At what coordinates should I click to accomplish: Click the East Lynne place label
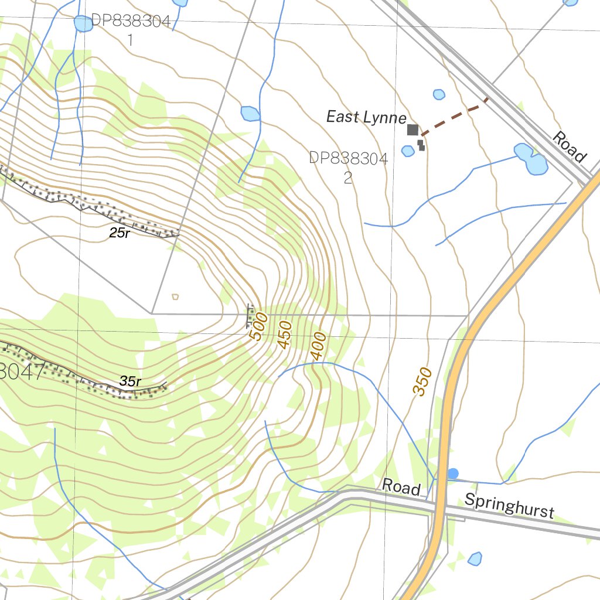pos(366,117)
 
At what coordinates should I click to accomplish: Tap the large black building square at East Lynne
pos(412,129)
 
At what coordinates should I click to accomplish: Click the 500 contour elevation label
pos(258,327)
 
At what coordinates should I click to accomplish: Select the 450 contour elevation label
pos(285,335)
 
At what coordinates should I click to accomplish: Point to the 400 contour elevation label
pos(318,346)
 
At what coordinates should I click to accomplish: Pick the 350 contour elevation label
pos(422,381)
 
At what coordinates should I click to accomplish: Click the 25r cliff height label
pos(119,233)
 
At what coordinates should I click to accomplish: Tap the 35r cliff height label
pos(130,381)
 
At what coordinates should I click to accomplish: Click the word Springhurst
pos(509,506)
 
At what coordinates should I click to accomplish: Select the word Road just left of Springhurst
pos(401,487)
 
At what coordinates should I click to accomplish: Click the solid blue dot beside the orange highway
pos(453,473)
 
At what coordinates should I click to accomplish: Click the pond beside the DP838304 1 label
pos(83,24)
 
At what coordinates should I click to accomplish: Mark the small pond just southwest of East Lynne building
pos(408,151)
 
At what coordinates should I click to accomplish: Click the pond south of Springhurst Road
pos(475,558)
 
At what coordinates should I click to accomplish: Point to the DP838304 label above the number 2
pos(348,158)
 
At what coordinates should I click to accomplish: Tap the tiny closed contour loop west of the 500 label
pos(175,296)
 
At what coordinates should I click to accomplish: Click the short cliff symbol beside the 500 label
pos(251,316)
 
